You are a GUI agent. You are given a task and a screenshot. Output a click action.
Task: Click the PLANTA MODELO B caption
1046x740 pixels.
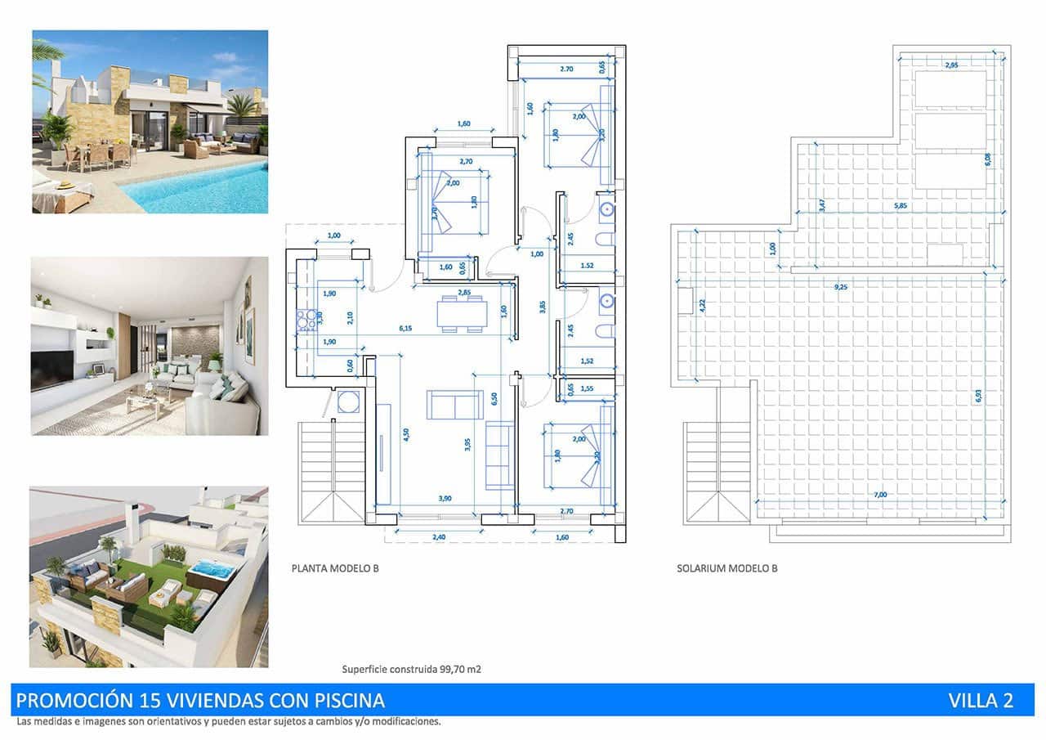pyautogui.click(x=335, y=567)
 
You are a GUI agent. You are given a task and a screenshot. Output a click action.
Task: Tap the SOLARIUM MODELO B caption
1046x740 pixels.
pyautogui.click(x=726, y=567)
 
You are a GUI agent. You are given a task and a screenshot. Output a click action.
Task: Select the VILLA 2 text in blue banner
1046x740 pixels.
pyautogui.click(x=981, y=701)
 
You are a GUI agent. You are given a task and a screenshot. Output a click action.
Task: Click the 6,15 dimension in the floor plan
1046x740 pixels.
pyautogui.click(x=405, y=328)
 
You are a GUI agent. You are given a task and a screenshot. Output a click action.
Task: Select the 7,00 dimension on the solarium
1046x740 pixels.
pyautogui.click(x=879, y=494)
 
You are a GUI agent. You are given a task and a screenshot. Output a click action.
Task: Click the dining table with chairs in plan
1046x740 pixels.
pyautogui.click(x=462, y=313)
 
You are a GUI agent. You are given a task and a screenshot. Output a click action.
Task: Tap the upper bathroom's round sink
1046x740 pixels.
pyautogui.click(x=606, y=209)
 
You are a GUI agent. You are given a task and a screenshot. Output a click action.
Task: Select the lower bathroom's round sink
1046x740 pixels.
pyautogui.click(x=606, y=302)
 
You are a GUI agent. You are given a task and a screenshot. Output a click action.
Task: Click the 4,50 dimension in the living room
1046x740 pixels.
pyautogui.click(x=405, y=435)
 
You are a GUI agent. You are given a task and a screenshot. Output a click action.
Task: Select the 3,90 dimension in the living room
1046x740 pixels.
pyautogui.click(x=445, y=498)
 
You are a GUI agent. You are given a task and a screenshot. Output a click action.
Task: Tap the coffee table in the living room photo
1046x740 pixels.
pyautogui.click(x=147, y=401)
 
